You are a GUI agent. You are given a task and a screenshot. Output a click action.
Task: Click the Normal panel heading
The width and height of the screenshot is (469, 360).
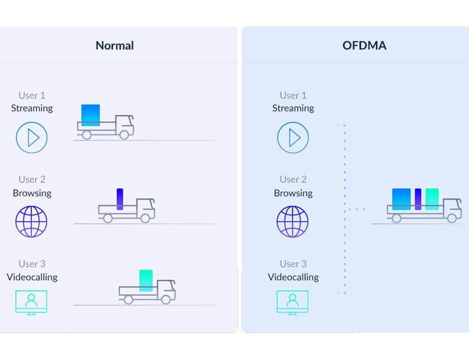(x=114, y=46)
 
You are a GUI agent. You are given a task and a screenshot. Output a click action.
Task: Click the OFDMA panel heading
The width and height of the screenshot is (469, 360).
(x=364, y=46)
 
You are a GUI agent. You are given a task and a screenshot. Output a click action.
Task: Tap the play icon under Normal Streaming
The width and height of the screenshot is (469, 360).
(x=32, y=138)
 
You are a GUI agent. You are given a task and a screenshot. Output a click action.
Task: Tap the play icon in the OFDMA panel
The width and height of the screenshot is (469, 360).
(x=293, y=138)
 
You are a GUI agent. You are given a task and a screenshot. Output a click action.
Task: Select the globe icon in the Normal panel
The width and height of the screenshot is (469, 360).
(x=32, y=222)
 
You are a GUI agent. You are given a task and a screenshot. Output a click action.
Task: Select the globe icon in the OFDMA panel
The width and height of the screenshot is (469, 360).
(x=293, y=222)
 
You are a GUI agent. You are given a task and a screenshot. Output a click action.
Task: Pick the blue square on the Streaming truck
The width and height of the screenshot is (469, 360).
(x=91, y=115)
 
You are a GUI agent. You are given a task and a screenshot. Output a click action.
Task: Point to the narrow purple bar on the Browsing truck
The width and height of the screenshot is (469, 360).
(x=120, y=199)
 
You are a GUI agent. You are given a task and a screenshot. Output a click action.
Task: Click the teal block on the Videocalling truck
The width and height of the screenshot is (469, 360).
(x=146, y=280)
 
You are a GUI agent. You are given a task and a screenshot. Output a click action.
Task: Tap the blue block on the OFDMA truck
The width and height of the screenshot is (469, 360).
(x=401, y=199)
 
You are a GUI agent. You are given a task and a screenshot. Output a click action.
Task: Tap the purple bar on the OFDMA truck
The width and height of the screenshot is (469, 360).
(x=418, y=199)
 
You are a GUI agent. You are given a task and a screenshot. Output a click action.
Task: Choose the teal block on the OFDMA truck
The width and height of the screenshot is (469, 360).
(x=432, y=199)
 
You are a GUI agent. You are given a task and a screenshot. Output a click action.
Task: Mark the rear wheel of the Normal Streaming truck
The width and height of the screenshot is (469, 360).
(x=86, y=135)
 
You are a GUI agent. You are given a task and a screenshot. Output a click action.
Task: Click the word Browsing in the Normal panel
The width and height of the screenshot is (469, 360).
(x=32, y=193)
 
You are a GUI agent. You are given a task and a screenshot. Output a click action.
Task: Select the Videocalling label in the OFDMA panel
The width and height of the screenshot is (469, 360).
(x=293, y=277)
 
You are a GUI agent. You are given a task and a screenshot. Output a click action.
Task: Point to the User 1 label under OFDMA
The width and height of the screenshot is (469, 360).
(x=293, y=95)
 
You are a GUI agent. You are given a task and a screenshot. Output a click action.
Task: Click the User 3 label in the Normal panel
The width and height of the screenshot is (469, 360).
(x=32, y=264)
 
